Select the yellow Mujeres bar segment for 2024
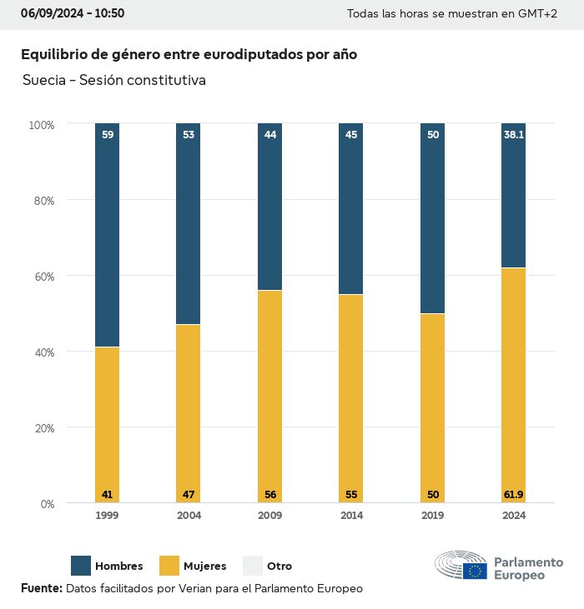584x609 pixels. [x=513, y=383]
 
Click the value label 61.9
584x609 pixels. [x=513, y=495]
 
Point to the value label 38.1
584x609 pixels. [x=513, y=134]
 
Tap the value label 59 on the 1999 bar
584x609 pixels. [x=107, y=134]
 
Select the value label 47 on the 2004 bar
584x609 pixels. [x=189, y=495]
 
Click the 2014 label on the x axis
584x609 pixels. [x=351, y=516]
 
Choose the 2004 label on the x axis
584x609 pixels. [x=189, y=516]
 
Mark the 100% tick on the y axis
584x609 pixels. [x=41, y=125]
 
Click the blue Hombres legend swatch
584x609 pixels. [x=81, y=566]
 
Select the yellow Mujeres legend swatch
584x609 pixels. [x=169, y=566]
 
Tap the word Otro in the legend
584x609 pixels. [x=279, y=567]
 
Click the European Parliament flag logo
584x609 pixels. [x=476, y=571]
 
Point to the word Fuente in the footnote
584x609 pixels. [x=41, y=588]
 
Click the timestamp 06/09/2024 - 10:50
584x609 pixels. [x=73, y=13]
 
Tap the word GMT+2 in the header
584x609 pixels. [x=538, y=14]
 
